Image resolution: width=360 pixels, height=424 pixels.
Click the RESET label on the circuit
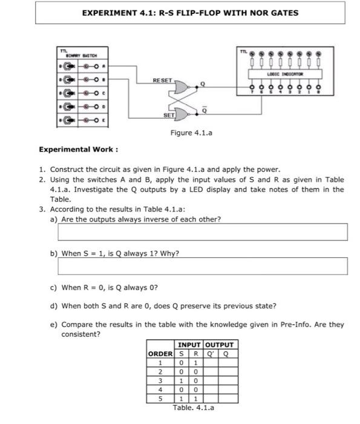[x=162, y=79]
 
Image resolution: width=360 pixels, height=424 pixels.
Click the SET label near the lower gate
[x=168, y=114]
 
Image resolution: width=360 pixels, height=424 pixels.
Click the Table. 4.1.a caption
[x=193, y=408]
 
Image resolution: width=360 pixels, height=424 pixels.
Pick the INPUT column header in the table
[x=189, y=345]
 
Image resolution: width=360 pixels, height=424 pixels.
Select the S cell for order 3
[x=180, y=381]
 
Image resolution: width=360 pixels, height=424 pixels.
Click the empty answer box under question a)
[x=203, y=231]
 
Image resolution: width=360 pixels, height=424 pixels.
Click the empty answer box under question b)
[x=203, y=266]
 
